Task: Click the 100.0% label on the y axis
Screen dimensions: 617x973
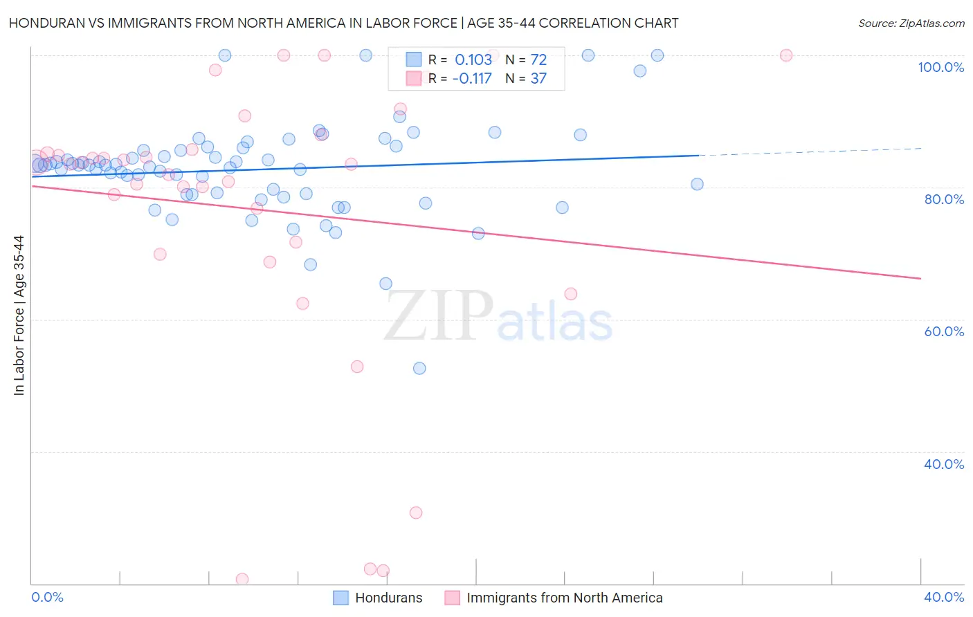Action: (x=940, y=67)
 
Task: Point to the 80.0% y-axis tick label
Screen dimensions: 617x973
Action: (x=944, y=199)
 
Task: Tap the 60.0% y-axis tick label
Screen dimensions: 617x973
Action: (x=944, y=331)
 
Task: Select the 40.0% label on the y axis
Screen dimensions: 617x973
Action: (x=944, y=464)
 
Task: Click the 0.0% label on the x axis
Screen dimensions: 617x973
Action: (x=47, y=597)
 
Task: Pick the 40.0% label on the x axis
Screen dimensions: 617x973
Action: (x=944, y=597)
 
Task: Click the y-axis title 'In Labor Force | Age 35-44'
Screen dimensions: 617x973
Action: (x=19, y=315)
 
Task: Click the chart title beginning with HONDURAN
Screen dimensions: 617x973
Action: (x=343, y=23)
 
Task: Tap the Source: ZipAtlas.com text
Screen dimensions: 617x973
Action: (x=911, y=24)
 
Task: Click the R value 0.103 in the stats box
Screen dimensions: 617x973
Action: (x=473, y=60)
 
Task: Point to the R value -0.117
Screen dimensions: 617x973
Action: (x=471, y=79)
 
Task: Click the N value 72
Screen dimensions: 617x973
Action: (x=538, y=60)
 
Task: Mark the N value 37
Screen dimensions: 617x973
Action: (x=538, y=79)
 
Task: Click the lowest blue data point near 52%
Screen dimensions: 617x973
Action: (x=419, y=369)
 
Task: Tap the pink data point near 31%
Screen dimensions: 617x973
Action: (x=416, y=513)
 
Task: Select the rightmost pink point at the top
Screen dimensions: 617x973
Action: (x=786, y=55)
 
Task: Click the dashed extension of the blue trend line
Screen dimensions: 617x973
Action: (x=810, y=152)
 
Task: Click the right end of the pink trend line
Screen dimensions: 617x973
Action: (x=920, y=278)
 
